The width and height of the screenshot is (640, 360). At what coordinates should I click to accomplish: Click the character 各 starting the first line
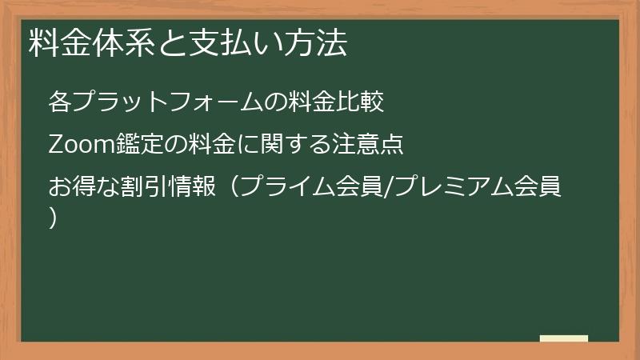[x=60, y=102]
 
